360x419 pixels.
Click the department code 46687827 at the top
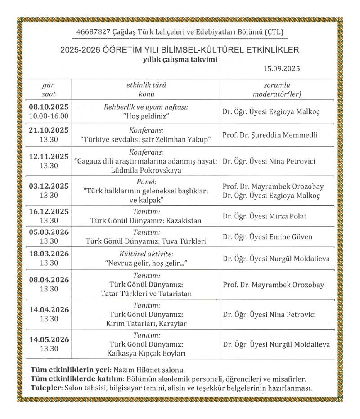pos(92,32)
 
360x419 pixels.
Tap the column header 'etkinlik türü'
pos(146,85)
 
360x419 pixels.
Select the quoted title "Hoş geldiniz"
pos(146,116)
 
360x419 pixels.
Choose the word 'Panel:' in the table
pos(146,182)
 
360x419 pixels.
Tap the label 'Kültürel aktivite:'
pos(146,254)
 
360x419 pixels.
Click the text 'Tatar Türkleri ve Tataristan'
pos(146,294)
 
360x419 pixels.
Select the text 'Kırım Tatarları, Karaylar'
pos(146,324)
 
